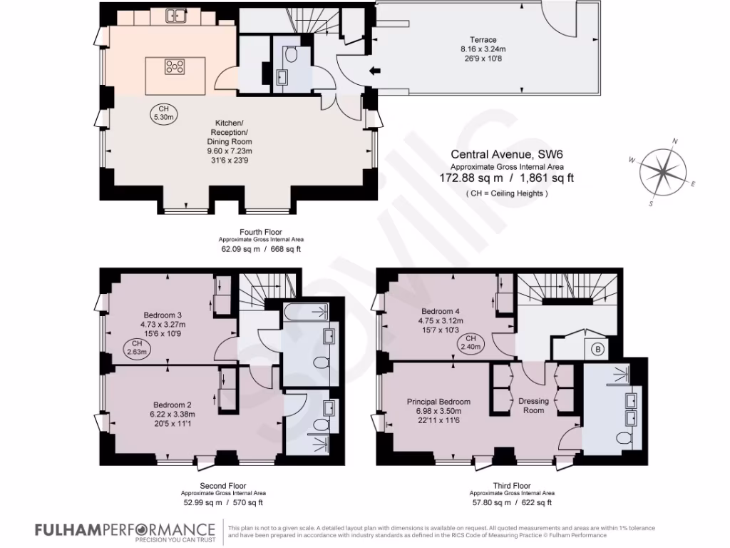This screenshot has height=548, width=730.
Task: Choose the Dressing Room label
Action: [533, 405]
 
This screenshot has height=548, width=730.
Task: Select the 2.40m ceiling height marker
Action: [471, 342]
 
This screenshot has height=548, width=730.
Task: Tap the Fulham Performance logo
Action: [125, 529]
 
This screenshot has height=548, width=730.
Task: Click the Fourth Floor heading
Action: [260, 232]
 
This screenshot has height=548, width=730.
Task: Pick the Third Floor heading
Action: [512, 485]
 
